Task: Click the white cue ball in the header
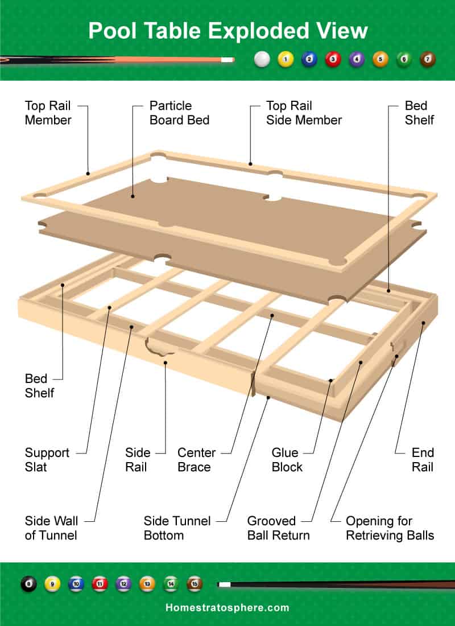(x=262, y=59)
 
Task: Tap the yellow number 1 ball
(x=286, y=59)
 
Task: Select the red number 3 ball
(x=333, y=59)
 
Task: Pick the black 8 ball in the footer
(x=28, y=584)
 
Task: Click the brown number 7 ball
(x=428, y=59)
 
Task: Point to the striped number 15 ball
(x=195, y=584)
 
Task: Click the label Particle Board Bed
(x=179, y=113)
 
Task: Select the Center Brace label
(x=196, y=460)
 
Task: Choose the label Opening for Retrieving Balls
(x=390, y=528)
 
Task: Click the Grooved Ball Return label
(x=278, y=528)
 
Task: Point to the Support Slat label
(x=47, y=460)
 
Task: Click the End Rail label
(x=423, y=460)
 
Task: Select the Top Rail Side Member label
(x=304, y=113)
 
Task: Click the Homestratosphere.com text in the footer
(x=227, y=608)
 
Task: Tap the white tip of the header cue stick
(x=227, y=59)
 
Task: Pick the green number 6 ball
(x=404, y=59)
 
